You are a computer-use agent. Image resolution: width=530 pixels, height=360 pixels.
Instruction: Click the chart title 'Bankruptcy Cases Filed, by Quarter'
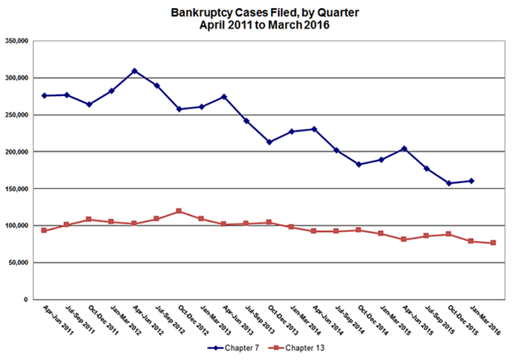tap(264, 13)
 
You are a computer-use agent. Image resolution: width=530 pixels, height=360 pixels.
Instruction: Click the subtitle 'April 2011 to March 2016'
tap(264, 25)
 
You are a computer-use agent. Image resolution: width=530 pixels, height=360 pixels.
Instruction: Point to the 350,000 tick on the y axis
tap(16, 41)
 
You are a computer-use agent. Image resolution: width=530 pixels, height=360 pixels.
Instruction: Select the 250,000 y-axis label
tap(16, 115)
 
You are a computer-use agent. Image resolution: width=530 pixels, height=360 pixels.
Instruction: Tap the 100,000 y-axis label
tap(16, 225)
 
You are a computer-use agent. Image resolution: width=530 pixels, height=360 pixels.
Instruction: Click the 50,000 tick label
tap(18, 263)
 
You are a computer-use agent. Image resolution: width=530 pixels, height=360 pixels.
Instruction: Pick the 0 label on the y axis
tap(26, 300)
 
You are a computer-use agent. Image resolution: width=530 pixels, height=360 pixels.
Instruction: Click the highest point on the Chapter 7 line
tap(135, 71)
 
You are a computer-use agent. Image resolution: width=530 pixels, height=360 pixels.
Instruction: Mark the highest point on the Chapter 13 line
tap(179, 211)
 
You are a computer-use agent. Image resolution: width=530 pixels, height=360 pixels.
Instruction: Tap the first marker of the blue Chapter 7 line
tap(44, 96)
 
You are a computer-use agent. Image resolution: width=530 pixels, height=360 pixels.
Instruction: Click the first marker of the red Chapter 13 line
tap(44, 231)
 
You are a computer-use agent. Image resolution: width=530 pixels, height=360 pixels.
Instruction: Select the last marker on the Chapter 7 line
tap(472, 181)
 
